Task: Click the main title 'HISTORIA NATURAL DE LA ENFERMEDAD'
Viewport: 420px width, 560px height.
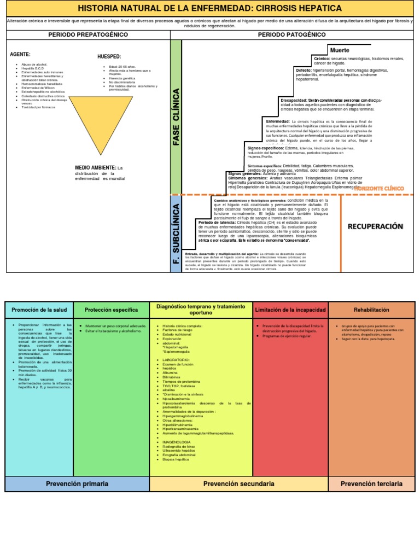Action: click(x=210, y=8)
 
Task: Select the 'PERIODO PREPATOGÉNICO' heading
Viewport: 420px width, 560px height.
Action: click(x=88, y=34)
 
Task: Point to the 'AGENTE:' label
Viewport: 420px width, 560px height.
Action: click(x=20, y=55)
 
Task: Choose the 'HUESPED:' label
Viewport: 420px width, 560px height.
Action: click(x=109, y=57)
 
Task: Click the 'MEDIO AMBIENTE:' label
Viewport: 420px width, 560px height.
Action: click(x=96, y=167)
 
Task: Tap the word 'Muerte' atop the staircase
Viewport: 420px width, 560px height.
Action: click(x=340, y=50)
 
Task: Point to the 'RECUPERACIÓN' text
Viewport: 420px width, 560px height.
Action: click(x=375, y=226)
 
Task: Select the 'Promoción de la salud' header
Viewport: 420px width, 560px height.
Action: click(x=39, y=310)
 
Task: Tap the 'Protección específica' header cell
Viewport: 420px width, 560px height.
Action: click(x=110, y=310)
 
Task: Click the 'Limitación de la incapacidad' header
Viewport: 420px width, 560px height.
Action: click(x=290, y=310)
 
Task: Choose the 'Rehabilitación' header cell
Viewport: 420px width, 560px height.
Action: click(x=371, y=310)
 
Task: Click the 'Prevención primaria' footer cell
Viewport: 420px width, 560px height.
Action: click(x=77, y=484)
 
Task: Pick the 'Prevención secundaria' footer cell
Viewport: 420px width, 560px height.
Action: click(x=238, y=484)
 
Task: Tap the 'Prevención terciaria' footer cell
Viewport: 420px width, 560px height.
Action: click(x=371, y=484)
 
